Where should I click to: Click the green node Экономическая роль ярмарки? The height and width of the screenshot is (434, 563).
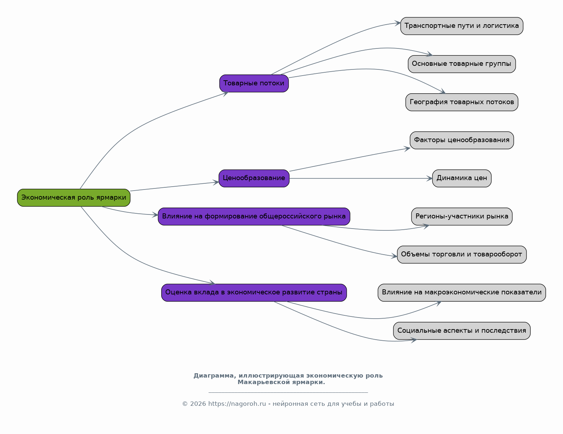73,198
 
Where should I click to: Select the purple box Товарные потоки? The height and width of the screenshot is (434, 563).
254,84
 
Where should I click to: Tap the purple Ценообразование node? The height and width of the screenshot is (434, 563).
254,178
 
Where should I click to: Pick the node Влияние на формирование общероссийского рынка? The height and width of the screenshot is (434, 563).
254,216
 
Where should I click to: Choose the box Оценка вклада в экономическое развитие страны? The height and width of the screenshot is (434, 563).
254,293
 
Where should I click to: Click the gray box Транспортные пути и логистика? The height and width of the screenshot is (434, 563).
462,26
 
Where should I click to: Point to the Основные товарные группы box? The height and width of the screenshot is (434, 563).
462,64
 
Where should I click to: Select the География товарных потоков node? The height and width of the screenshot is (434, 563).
462,102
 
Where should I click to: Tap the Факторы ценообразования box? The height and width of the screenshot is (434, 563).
462,140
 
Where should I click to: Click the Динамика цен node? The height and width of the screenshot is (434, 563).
462,178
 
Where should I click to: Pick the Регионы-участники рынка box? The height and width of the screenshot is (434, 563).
462,216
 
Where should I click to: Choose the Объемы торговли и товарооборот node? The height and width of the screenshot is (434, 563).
462,255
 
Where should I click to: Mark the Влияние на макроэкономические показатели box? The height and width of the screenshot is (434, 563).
462,293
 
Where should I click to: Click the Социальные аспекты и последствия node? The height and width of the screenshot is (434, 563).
462,331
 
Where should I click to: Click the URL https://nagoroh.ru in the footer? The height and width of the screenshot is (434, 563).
237,404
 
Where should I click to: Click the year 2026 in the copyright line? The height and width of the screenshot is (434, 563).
198,404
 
